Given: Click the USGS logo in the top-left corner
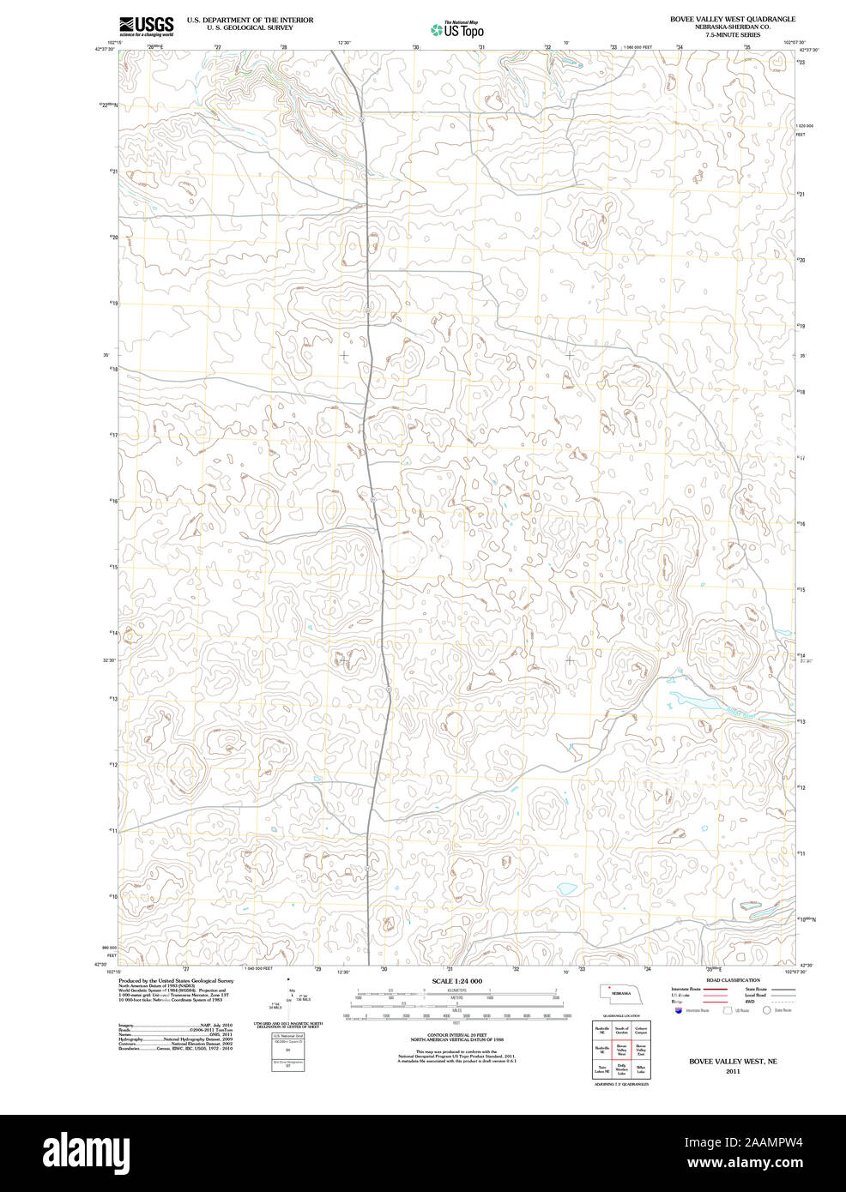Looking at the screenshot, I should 147,25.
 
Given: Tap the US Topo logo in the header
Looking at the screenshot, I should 457,29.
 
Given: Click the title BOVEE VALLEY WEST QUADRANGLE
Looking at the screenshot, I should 732,19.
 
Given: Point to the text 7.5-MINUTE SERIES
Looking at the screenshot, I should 732,35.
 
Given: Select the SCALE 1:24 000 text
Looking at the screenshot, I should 456,981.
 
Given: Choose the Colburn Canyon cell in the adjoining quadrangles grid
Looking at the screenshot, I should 641,1030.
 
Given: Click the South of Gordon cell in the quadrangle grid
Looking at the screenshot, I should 621,1030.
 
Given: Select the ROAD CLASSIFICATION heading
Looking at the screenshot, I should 732,980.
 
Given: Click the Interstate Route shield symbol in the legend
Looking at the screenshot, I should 679,1010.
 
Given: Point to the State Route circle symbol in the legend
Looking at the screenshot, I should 766,1010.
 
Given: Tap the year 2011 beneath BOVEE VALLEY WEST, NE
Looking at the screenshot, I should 732,1071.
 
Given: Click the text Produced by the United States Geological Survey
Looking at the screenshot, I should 176,980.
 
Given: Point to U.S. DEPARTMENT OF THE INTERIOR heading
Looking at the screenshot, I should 250,20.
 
